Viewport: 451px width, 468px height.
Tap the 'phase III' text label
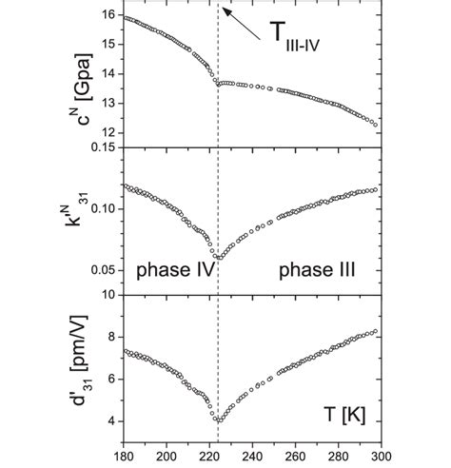[317, 270]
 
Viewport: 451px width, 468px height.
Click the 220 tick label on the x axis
[209, 455]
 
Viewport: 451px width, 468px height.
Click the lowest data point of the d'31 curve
[218, 420]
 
